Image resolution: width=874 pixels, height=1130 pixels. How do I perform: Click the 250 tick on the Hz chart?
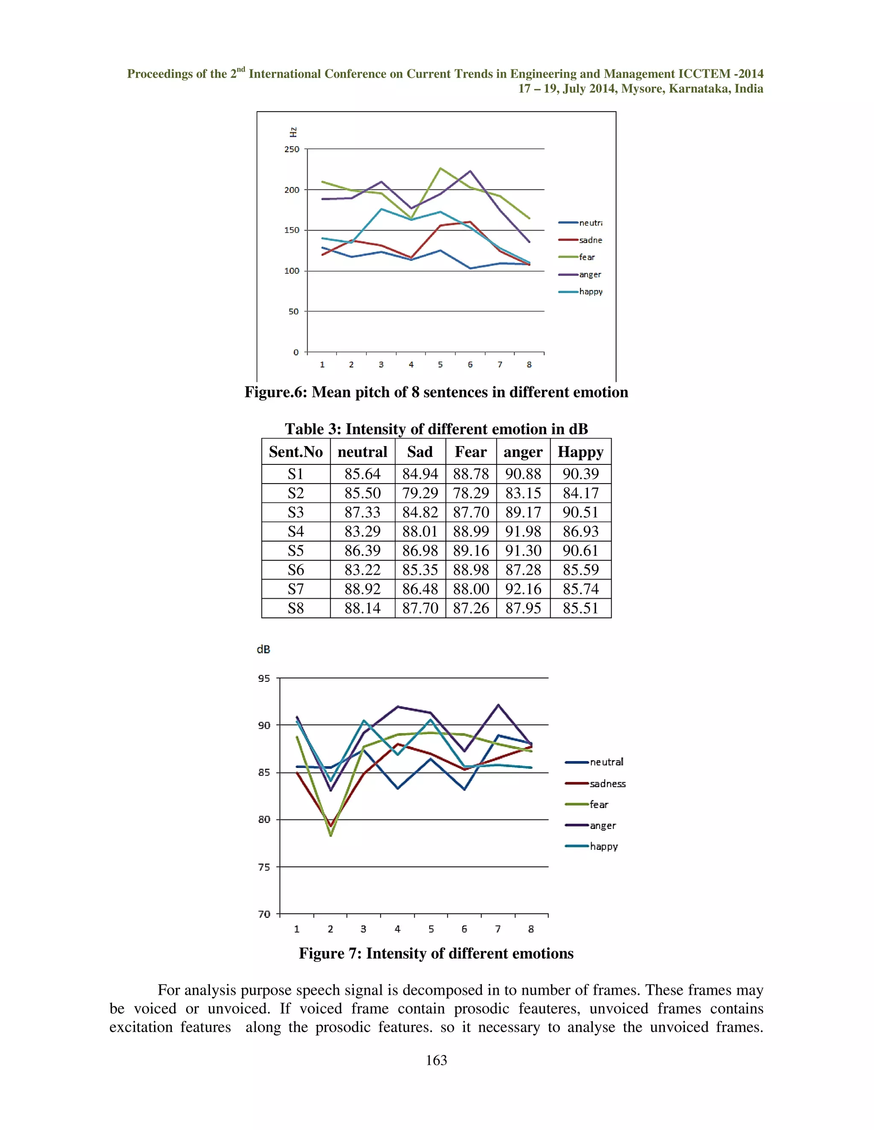point(291,149)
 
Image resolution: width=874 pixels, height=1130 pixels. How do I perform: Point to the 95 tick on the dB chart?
point(264,678)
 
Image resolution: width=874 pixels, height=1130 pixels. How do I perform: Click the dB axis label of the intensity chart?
point(264,649)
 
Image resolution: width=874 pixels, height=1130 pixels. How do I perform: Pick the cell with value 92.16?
point(523,589)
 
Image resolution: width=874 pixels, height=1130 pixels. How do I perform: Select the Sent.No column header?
point(296,452)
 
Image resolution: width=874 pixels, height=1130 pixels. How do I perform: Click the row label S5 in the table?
point(296,551)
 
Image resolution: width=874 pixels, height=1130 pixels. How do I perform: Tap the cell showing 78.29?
point(471,493)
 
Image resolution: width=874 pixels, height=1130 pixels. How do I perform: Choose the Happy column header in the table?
point(580,452)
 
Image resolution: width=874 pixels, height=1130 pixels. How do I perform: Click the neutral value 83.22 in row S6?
point(362,570)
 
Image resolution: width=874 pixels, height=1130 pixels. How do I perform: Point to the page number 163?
point(436,1060)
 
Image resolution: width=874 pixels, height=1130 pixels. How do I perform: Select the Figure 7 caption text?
point(436,953)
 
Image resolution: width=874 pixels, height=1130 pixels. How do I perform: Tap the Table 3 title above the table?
point(436,429)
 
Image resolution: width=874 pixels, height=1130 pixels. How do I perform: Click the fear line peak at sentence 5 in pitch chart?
point(440,168)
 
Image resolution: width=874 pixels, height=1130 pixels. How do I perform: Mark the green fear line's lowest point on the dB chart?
point(331,835)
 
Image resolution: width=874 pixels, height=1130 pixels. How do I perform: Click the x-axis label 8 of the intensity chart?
point(531,929)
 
